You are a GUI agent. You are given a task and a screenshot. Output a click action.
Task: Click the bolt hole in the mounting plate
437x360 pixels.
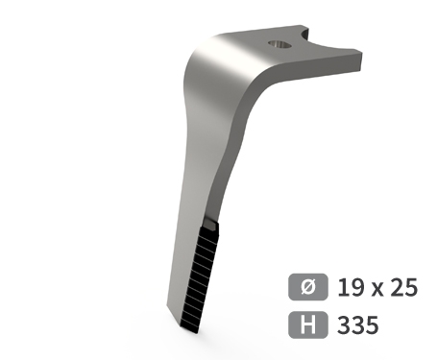(x=279, y=44)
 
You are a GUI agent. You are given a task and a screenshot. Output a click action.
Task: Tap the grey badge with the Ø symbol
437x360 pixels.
(x=308, y=287)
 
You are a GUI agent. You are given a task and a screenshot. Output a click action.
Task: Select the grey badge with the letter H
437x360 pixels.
(x=308, y=324)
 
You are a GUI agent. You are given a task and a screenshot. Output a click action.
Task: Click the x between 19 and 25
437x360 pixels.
(x=377, y=290)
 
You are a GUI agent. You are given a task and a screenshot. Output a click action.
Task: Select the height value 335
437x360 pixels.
(x=357, y=324)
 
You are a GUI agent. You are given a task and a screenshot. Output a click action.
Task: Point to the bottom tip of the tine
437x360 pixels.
(x=196, y=333)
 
